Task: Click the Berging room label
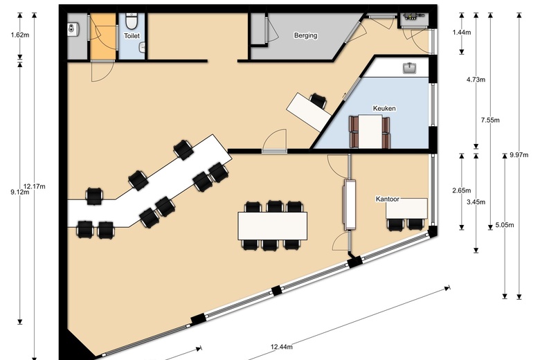point(305,35)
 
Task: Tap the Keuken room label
point(384,109)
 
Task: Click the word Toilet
point(132,35)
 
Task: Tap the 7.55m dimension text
point(490,119)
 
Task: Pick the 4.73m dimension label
point(476,80)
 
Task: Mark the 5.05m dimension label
point(505,225)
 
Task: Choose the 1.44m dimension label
point(462,33)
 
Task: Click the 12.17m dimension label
point(33,186)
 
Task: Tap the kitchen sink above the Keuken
point(409,67)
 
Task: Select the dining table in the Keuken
point(371,131)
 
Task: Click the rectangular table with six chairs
point(273,225)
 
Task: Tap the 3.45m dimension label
point(476,202)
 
